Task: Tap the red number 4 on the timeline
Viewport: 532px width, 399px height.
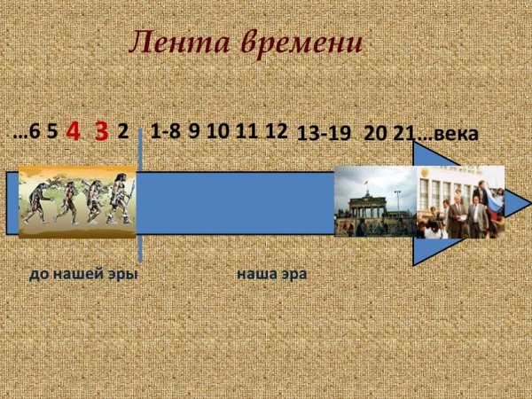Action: pos(74,131)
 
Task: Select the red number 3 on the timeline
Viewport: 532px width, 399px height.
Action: pos(100,131)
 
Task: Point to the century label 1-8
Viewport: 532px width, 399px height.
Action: pos(165,131)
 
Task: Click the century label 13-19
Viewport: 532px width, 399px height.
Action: pos(324,134)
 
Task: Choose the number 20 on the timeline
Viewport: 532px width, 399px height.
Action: pos(375,134)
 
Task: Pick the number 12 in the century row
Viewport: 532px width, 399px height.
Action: pos(277,131)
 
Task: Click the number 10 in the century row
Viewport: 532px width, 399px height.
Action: pos(218,131)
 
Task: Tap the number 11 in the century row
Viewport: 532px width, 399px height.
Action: pos(247,131)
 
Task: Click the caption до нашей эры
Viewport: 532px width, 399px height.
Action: pos(83,274)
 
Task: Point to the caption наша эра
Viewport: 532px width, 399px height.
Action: pos(271,274)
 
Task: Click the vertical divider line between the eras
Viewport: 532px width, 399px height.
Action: pos(140,204)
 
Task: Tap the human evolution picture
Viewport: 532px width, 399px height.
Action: pos(77,202)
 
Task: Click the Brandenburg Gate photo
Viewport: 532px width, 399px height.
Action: pos(375,202)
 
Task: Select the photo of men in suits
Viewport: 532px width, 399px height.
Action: pos(460,202)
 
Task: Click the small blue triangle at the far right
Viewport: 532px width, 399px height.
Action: pos(518,203)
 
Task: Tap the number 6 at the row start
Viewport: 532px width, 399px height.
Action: pos(35,132)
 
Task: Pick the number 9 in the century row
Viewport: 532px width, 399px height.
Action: pos(193,131)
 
